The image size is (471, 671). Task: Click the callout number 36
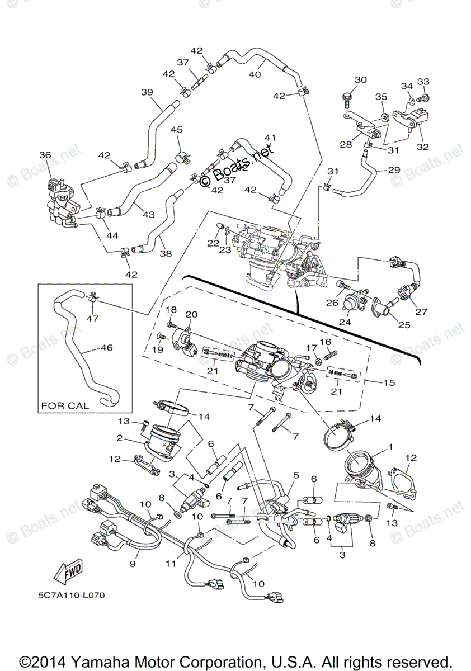tap(45, 155)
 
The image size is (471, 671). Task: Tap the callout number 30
tap(360, 80)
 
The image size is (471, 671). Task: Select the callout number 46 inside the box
tap(106, 348)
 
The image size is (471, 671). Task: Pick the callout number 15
tap(389, 383)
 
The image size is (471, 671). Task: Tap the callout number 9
tap(133, 564)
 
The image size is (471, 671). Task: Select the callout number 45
tap(176, 130)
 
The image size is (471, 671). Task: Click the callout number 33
tap(423, 82)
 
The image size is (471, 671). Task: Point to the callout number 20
tap(192, 315)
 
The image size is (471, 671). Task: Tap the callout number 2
tap(120, 438)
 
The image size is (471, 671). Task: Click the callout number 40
tap(255, 74)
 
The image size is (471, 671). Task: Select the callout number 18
tap(171, 310)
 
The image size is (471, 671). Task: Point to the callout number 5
tap(296, 475)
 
